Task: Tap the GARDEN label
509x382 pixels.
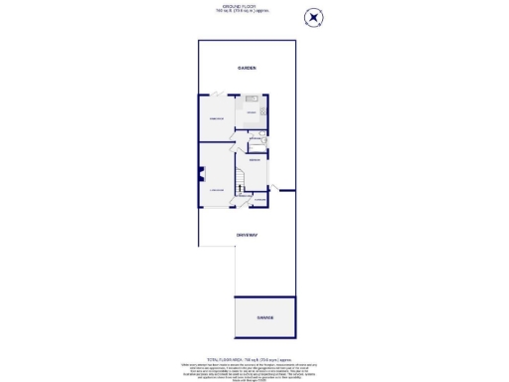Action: pyautogui.click(x=247, y=68)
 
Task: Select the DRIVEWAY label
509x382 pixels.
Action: pyautogui.click(x=247, y=235)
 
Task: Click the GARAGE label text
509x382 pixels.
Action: pyautogui.click(x=263, y=318)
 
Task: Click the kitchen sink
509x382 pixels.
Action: pyautogui.click(x=252, y=98)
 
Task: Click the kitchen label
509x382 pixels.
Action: pyautogui.click(x=252, y=113)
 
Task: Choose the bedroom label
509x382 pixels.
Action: pyautogui.click(x=255, y=160)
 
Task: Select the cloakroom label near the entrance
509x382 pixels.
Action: pyautogui.click(x=259, y=200)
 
